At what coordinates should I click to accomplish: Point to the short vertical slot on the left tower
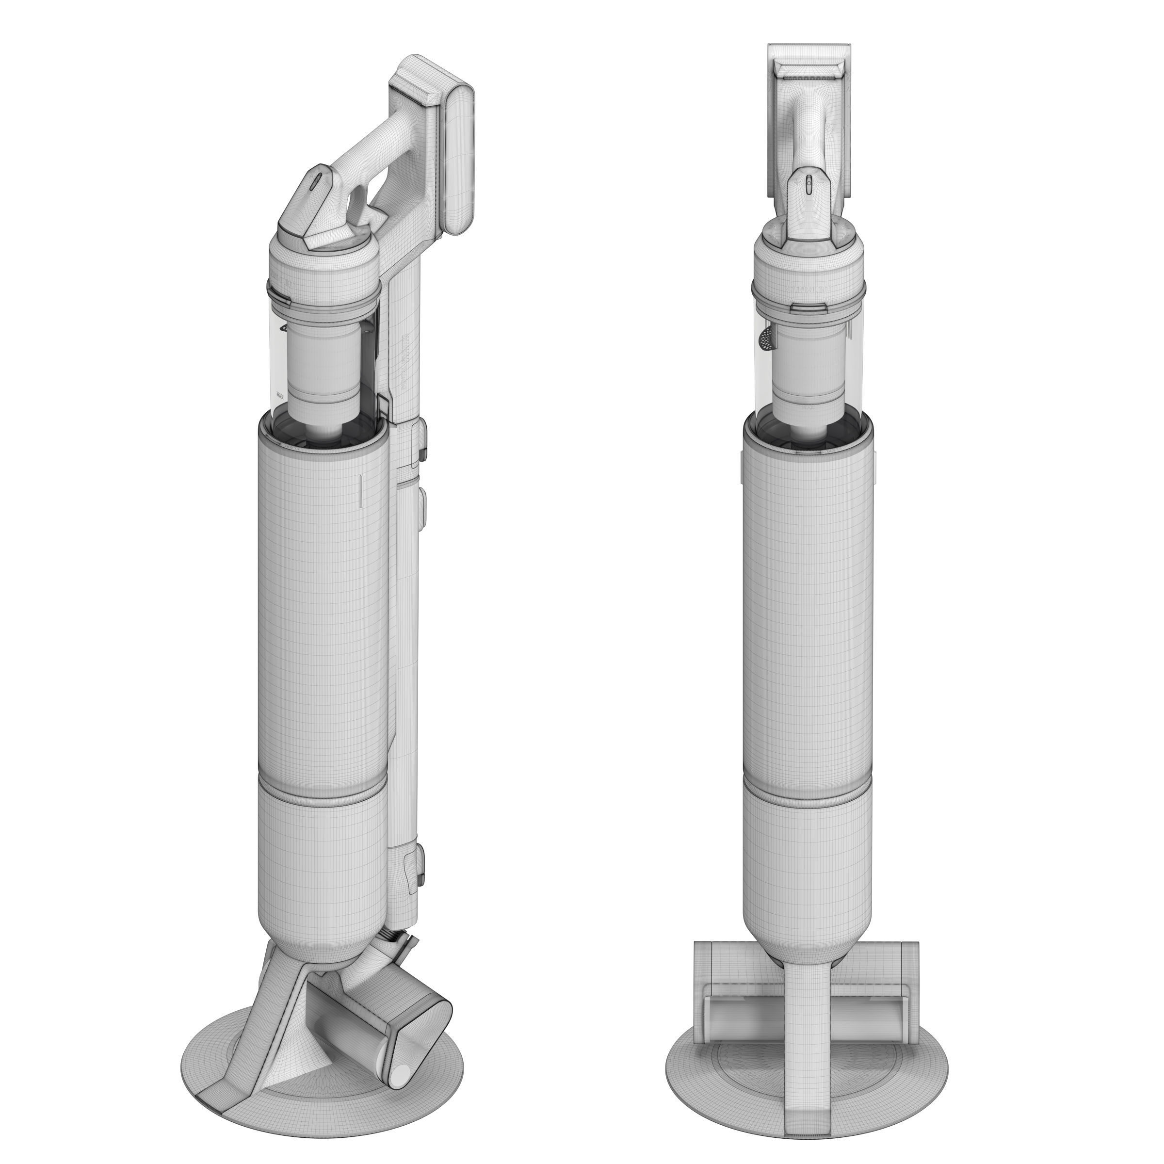(x=360, y=490)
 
